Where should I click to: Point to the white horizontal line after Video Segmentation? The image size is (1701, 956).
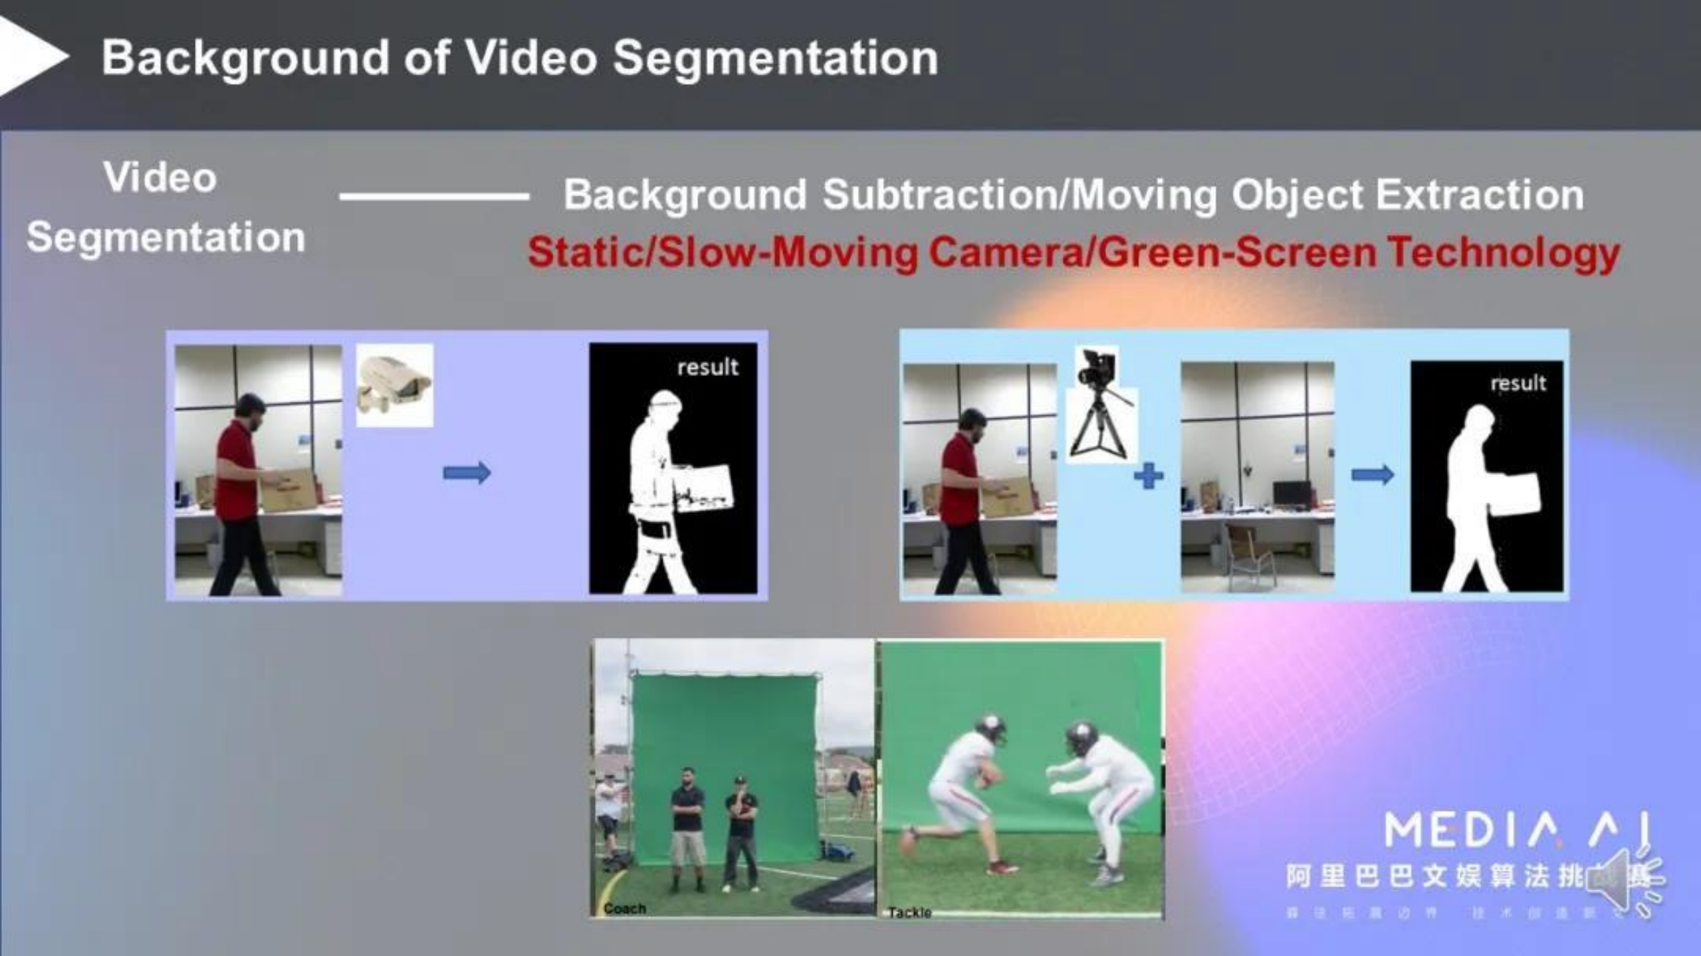(434, 196)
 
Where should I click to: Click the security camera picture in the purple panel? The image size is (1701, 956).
(394, 385)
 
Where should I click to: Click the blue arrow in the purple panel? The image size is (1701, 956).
(467, 473)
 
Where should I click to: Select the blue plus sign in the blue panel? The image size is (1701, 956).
(1148, 476)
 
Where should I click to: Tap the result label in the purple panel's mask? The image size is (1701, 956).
(707, 367)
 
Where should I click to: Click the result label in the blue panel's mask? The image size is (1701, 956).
(1518, 383)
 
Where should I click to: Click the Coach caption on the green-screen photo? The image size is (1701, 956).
(624, 908)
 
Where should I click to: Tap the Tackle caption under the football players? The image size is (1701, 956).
(909, 912)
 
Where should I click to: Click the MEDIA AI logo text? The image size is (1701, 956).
(1516, 830)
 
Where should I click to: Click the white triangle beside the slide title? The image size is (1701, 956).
(30, 56)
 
